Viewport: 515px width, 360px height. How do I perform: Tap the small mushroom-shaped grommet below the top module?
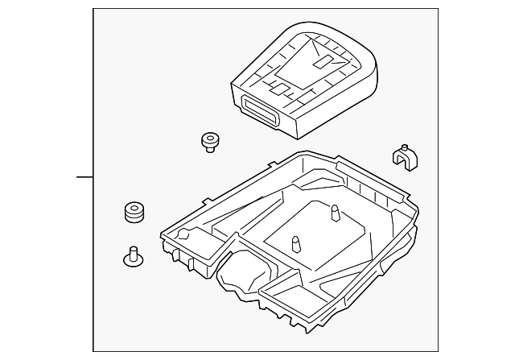tap(210, 143)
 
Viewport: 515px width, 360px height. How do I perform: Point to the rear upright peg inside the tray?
tap(332, 213)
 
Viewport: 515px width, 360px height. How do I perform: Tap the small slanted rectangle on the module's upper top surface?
tap(325, 60)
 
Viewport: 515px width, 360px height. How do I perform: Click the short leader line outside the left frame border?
tap(84, 176)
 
